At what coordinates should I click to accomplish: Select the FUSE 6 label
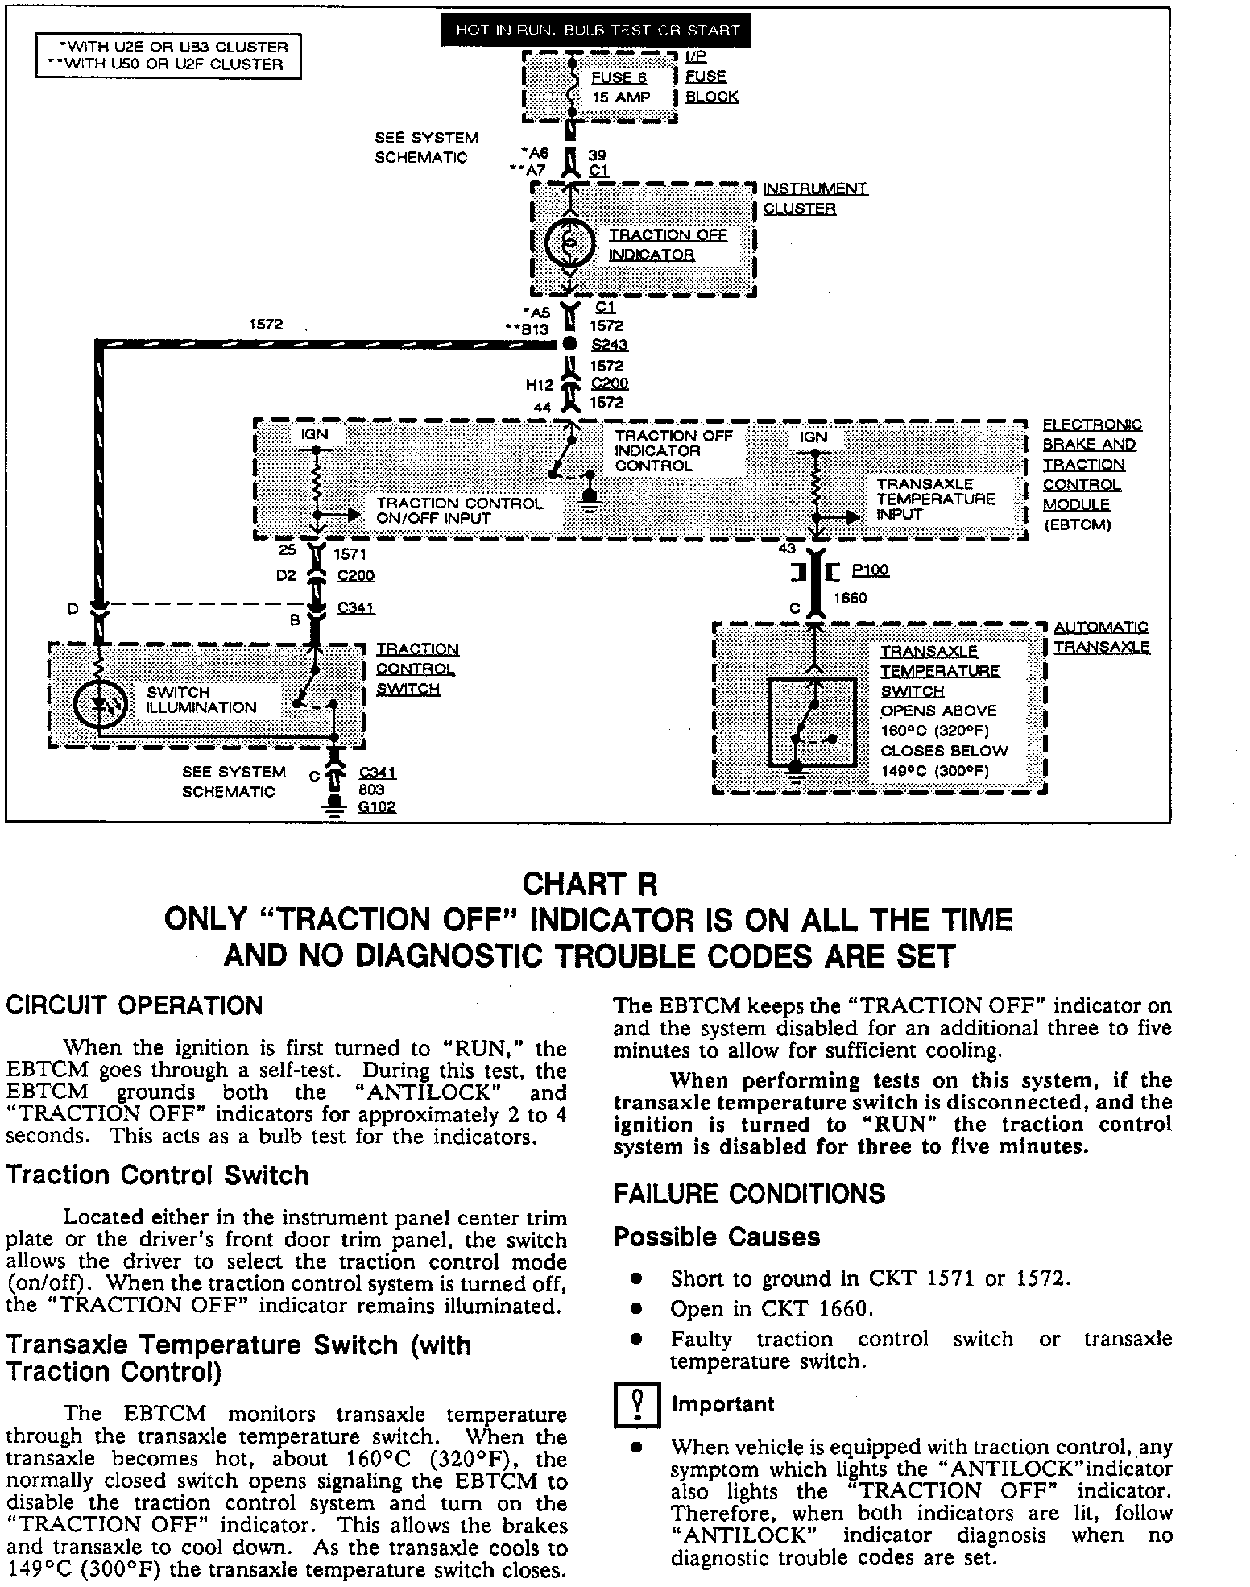(619, 77)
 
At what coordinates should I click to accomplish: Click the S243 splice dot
(569, 344)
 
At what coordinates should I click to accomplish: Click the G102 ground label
(377, 806)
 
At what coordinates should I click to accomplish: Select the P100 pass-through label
(870, 570)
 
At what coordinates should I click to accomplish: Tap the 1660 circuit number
(850, 598)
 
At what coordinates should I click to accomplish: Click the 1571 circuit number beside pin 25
(350, 554)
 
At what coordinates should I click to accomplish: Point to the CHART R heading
(590, 884)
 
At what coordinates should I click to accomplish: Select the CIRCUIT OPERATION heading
(134, 1006)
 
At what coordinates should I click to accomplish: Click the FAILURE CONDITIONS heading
(748, 1194)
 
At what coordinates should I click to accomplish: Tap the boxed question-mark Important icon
(636, 1406)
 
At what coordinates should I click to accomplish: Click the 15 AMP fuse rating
(620, 97)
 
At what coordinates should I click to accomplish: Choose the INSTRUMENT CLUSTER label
(814, 198)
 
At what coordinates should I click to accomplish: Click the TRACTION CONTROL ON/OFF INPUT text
(459, 511)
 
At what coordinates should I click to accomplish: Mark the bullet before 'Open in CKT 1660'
(636, 1309)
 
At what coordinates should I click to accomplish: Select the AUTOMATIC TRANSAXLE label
(1101, 636)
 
